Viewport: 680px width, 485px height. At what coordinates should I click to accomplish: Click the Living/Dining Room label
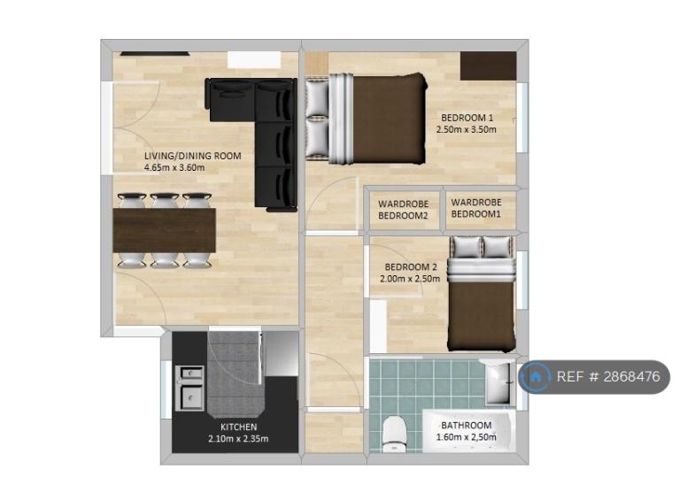coord(192,156)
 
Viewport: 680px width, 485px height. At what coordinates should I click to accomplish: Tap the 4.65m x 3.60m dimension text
coord(174,167)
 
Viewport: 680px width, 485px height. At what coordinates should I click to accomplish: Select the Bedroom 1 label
coord(467,118)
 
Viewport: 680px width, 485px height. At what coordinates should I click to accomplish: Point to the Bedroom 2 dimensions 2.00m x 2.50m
coord(410,279)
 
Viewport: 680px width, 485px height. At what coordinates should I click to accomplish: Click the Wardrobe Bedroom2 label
coord(404,210)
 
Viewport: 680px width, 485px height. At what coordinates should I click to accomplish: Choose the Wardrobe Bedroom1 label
coord(476,208)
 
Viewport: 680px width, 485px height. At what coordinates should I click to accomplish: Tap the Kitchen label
coord(238,427)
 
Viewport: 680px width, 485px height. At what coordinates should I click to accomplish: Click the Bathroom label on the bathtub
coord(467,425)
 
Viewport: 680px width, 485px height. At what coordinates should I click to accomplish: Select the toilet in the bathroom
coord(395,434)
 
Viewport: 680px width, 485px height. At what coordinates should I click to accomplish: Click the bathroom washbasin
coord(498,381)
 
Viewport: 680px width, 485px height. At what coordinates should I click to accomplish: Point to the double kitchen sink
coord(189,388)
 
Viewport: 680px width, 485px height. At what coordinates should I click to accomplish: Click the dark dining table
coord(164,230)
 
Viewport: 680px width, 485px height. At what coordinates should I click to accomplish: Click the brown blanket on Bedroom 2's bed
coord(482,315)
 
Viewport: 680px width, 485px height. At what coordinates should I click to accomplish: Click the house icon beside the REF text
coord(535,377)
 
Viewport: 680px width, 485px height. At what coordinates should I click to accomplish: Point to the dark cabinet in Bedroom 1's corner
coord(489,65)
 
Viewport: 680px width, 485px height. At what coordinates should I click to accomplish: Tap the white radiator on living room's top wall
coord(254,60)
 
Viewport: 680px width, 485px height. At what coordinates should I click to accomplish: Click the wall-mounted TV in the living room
coord(155,54)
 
